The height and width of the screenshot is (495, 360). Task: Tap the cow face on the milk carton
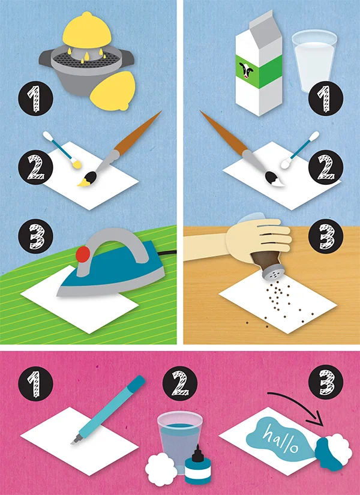click(247, 70)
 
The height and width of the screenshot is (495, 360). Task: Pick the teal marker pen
click(108, 410)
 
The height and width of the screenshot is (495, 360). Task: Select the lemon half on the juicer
click(87, 31)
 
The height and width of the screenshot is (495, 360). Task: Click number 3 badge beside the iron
click(35, 236)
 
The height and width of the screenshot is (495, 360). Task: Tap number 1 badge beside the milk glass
click(326, 98)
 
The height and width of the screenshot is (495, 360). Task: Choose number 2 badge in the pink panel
click(179, 383)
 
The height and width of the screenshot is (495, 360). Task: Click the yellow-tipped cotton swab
click(62, 149)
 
